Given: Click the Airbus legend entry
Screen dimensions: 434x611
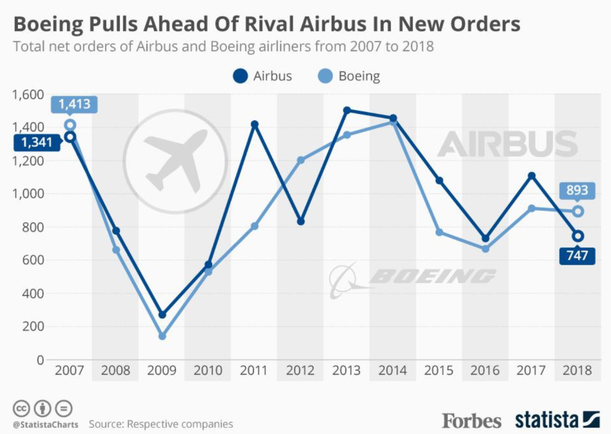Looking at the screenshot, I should point(263,76).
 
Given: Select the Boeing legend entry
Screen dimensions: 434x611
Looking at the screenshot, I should point(349,76).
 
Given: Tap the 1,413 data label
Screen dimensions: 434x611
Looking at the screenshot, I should point(71,104).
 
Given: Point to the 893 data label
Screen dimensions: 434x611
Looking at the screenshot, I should point(577,190).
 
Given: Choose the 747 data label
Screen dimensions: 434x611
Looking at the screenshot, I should point(577,255).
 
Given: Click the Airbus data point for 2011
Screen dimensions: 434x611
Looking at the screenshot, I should point(255,125).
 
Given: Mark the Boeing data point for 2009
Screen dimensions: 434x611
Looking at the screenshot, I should point(162,336).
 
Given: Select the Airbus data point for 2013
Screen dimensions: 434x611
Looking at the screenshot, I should point(347,111).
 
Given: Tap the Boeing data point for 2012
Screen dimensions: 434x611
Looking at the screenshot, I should point(301,160).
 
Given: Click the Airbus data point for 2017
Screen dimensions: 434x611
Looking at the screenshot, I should point(532,176).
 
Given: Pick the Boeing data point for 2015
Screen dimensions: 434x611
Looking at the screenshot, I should point(439,232).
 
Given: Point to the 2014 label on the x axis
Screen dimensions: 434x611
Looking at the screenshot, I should point(393,371).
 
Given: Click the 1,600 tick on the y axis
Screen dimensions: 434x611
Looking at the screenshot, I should point(28,95).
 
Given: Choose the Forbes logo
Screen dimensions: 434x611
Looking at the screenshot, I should point(472,421).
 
